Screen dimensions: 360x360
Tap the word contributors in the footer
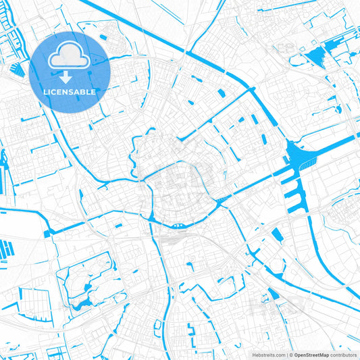point(344,354)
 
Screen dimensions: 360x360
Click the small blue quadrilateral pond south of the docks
point(277,234)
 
